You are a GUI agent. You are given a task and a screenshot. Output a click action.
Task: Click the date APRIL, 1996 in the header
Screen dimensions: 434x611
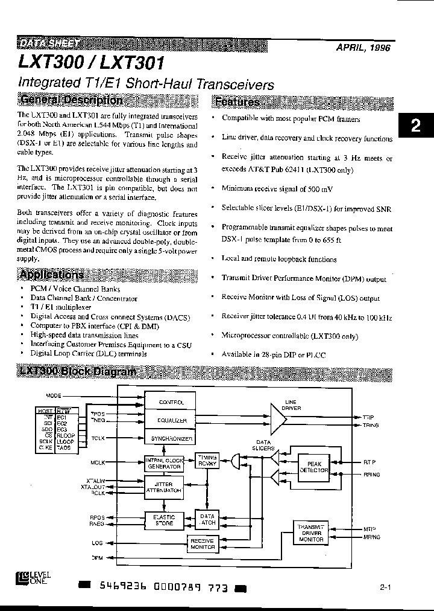(x=362, y=48)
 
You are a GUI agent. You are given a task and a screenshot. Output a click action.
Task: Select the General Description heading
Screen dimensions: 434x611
(x=71, y=100)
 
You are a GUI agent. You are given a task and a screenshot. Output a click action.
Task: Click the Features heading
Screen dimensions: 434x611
(x=237, y=102)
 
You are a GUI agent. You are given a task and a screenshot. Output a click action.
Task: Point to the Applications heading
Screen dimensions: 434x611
(x=51, y=275)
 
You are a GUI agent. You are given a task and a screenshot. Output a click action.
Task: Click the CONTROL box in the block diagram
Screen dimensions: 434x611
(x=171, y=402)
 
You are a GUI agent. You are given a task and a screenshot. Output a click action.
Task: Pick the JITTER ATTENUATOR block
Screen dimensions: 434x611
(x=163, y=488)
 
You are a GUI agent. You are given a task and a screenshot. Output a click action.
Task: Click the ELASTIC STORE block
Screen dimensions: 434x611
(x=163, y=520)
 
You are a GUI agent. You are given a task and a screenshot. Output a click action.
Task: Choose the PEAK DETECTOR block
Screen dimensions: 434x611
(x=313, y=466)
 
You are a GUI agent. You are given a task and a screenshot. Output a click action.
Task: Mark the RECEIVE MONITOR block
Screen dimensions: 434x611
(x=202, y=543)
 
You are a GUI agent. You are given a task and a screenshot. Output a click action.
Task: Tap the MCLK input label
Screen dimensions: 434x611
(x=98, y=462)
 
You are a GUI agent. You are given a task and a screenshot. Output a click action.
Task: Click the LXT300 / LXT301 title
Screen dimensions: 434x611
(x=90, y=64)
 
